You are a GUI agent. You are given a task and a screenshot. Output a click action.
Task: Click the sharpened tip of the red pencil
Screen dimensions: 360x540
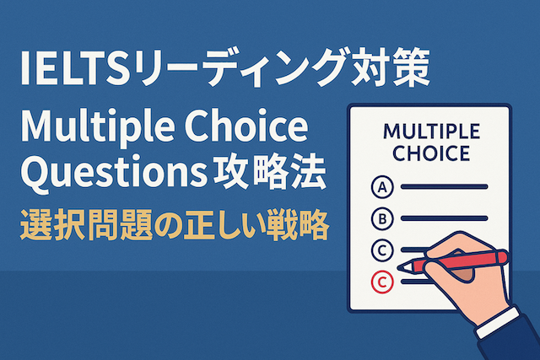click(x=402, y=267)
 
